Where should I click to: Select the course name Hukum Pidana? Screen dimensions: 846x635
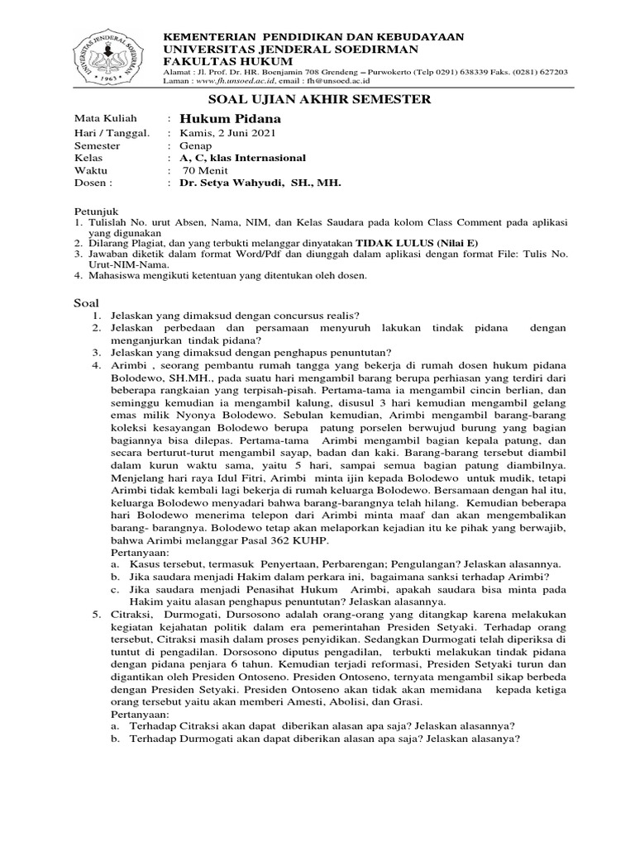[x=218, y=119]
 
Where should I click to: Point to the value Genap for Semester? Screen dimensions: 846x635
[x=195, y=145]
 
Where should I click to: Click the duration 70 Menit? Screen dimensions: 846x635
[x=205, y=170]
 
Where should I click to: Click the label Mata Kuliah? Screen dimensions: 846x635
[x=105, y=119]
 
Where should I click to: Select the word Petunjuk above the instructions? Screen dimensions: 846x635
[x=93, y=211]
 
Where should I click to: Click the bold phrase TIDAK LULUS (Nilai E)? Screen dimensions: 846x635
[x=417, y=243]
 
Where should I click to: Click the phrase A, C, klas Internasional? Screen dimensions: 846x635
[x=242, y=158]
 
